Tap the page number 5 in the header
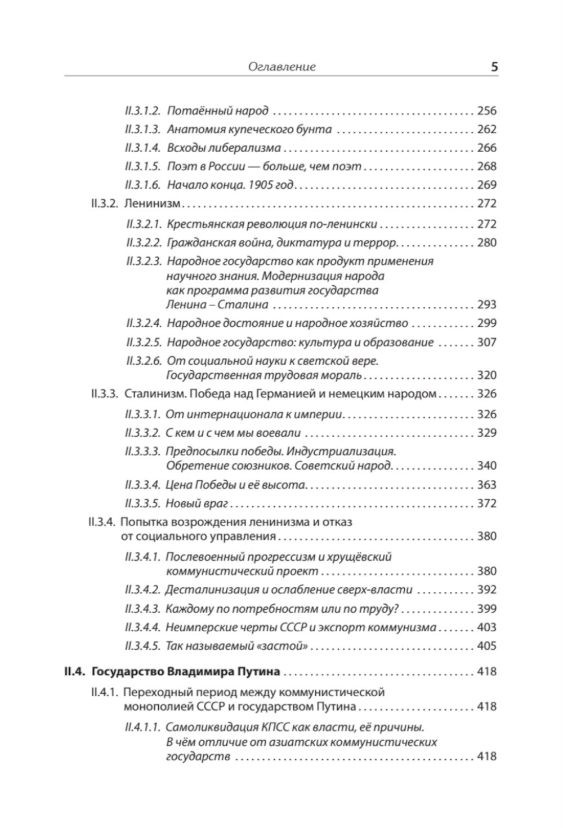pos(494,67)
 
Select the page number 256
pos(486,110)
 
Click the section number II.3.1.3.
pos(143,129)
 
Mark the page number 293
pos(486,305)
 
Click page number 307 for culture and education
pos(486,342)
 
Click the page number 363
pos(486,485)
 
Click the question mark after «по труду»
pos(396,609)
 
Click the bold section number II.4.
pos(74,671)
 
